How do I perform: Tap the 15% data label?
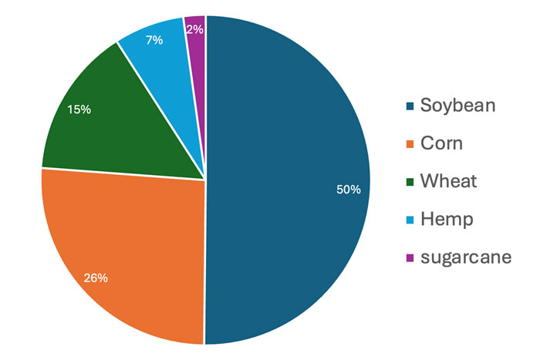[x=79, y=109]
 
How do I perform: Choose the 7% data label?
[x=154, y=39]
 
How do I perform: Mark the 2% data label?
[x=195, y=29]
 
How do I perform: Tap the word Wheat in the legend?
[x=448, y=181]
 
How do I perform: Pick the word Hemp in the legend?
[x=446, y=219]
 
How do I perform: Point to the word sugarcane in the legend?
[x=465, y=257]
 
